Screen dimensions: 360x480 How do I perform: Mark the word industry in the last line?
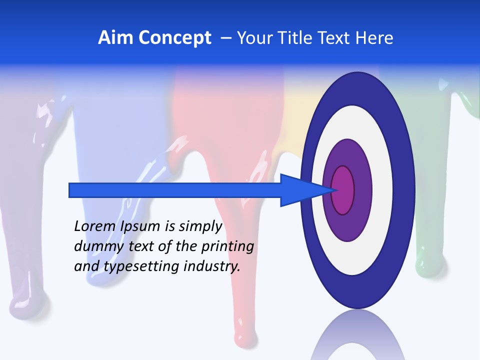pyautogui.click(x=212, y=266)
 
